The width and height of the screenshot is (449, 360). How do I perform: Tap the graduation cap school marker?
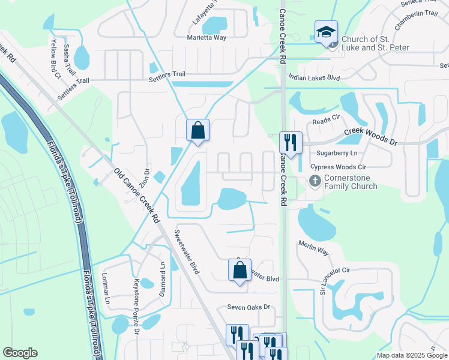tap(326, 32)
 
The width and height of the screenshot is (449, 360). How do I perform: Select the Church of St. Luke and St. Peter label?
tap(375, 44)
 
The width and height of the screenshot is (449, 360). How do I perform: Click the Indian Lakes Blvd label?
tap(314, 77)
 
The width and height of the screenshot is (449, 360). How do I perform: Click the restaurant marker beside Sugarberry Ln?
tap(291, 143)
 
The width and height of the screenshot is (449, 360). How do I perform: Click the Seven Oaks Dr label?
tap(249, 307)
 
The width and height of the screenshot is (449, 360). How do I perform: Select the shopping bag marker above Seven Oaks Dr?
tap(240, 270)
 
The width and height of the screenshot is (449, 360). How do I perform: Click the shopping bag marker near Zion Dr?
tap(197, 130)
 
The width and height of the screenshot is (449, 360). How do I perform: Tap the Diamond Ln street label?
tap(162, 278)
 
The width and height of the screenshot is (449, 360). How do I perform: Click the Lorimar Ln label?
tap(106, 287)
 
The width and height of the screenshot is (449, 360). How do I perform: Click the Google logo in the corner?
tap(20, 353)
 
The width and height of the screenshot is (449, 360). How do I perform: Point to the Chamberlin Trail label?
tap(416, 20)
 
